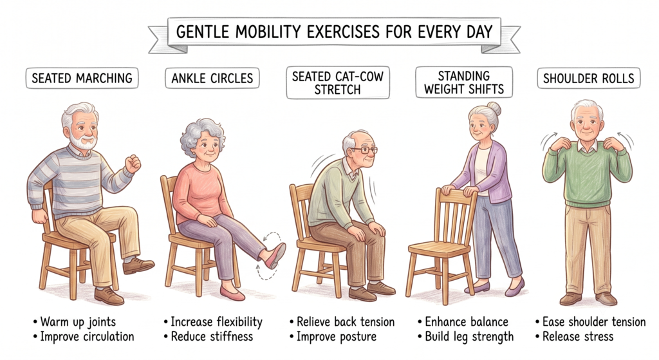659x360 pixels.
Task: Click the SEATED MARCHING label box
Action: (x=82, y=78)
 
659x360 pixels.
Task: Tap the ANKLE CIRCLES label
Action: (x=212, y=78)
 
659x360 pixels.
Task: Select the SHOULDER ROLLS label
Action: (x=588, y=78)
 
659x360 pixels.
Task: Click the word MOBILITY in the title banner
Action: (x=268, y=32)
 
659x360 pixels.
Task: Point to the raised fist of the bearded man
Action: (x=133, y=163)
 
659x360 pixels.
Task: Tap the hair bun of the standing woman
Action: (x=494, y=109)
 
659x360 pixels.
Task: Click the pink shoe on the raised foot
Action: (x=275, y=255)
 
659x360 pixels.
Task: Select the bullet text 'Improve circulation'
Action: (x=87, y=337)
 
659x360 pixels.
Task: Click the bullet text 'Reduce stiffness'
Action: (x=212, y=337)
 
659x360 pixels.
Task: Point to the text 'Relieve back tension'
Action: (x=346, y=322)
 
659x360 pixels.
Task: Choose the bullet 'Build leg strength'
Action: (x=469, y=337)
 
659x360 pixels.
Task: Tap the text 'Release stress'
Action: (x=578, y=337)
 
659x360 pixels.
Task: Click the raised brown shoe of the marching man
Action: (x=138, y=265)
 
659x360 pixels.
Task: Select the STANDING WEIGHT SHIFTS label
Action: (x=464, y=82)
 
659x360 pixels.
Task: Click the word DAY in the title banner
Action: (x=479, y=32)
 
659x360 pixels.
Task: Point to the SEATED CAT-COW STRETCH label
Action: (x=338, y=83)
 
